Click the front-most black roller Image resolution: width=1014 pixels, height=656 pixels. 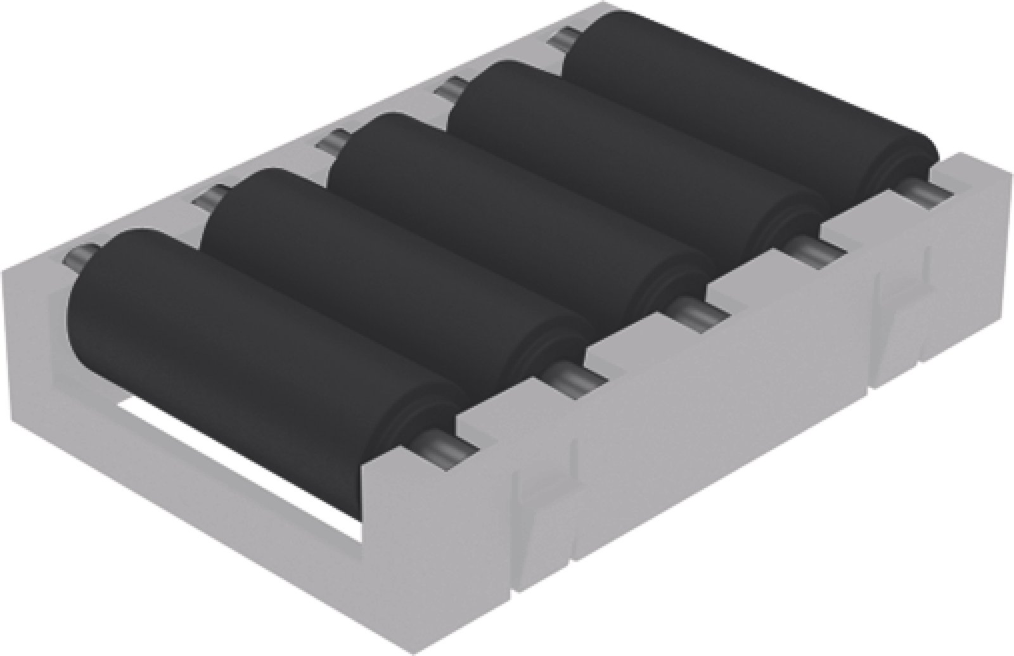coord(253,336)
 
